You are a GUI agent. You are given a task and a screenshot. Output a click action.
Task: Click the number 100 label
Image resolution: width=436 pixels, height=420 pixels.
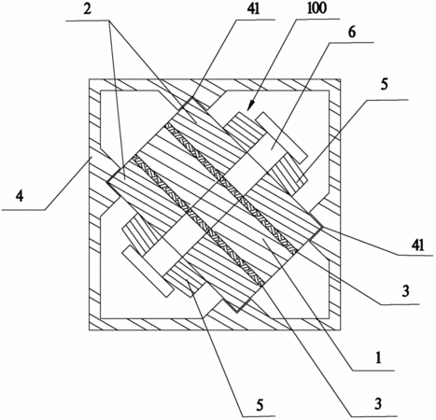click(316, 8)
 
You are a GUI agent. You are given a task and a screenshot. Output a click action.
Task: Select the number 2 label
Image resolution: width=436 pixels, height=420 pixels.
click(88, 9)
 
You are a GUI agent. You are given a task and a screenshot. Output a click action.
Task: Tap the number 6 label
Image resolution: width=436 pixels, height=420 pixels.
click(352, 33)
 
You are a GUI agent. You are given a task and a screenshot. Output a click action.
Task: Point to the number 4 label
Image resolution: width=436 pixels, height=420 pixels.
click(20, 197)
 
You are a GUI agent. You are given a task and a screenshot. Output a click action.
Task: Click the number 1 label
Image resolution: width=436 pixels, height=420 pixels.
click(378, 358)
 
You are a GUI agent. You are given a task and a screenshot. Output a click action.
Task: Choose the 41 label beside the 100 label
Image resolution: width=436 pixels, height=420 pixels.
click(253, 9)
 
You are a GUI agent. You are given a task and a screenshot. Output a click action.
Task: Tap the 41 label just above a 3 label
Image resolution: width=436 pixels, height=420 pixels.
click(418, 245)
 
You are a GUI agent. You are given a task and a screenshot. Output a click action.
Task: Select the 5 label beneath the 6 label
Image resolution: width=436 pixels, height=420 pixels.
click(385, 85)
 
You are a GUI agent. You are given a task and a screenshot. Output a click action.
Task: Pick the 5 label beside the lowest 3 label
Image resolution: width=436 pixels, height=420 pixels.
click(260, 405)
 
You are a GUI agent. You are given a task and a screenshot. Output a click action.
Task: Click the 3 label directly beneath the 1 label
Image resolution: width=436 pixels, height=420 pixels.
click(378, 404)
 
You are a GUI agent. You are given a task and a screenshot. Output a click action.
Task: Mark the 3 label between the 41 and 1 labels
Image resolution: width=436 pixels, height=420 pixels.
click(405, 291)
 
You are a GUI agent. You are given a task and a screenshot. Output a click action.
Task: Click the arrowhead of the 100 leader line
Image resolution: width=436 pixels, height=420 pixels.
click(250, 106)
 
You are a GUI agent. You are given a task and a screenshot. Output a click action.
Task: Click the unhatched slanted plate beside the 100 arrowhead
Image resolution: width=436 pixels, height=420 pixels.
click(281, 137)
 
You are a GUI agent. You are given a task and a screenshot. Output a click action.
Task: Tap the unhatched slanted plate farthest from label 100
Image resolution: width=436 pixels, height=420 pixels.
click(148, 272)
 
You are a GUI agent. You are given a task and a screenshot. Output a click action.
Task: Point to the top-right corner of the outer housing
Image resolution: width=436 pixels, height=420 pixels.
click(341, 79)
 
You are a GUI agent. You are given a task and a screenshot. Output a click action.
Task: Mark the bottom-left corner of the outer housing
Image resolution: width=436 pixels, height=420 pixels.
click(90, 329)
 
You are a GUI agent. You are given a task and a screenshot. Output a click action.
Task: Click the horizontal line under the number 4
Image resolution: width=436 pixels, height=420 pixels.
click(23, 210)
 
